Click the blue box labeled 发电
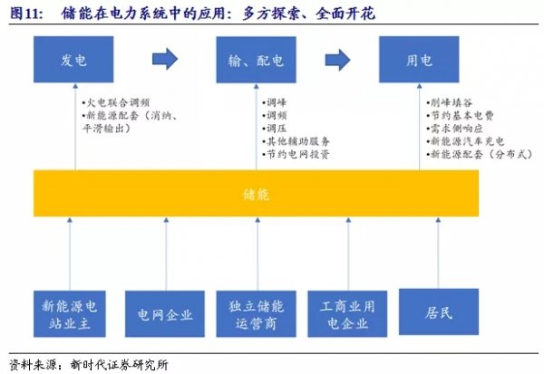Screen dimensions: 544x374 73,59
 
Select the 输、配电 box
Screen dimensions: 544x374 256,60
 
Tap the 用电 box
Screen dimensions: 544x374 419,59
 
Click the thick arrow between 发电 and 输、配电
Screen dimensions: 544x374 165,59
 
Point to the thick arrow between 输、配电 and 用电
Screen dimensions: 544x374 337,60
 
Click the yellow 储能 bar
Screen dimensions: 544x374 256,193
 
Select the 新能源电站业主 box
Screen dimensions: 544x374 70,313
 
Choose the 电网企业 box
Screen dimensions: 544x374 165,313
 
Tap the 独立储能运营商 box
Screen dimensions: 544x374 256,313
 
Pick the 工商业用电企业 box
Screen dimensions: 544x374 347,313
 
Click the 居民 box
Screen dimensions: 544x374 439,312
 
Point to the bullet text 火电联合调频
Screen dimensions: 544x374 116,102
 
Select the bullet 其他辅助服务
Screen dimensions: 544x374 296,141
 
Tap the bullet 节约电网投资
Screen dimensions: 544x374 296,154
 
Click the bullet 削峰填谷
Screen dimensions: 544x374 450,102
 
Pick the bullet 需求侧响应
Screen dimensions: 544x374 455,129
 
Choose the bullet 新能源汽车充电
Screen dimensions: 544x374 465,141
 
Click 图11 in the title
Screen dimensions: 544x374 26,14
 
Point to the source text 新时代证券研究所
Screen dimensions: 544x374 119,365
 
